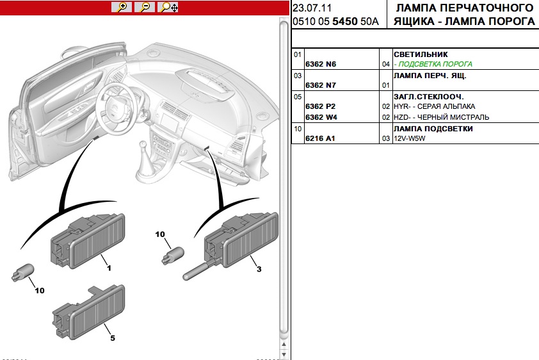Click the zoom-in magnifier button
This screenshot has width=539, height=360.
(x=122, y=7)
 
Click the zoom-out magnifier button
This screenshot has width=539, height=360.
(x=145, y=7)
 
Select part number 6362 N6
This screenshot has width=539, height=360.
(x=321, y=65)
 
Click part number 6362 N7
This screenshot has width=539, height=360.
(x=321, y=85)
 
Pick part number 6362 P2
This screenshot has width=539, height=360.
(x=321, y=106)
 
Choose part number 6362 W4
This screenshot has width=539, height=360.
(x=321, y=117)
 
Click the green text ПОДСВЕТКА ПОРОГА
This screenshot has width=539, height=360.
(x=433, y=64)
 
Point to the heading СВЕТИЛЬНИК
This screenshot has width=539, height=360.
(x=420, y=54)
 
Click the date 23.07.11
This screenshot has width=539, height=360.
(x=312, y=8)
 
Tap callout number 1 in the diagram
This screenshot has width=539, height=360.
(x=109, y=268)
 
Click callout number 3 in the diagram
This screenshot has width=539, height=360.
(x=259, y=269)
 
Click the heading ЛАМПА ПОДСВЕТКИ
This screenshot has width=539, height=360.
(x=433, y=129)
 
